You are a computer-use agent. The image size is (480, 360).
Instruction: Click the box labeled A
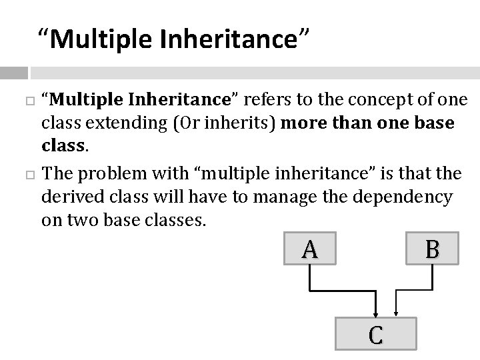[x=309, y=249]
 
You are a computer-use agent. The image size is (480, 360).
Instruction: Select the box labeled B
[x=432, y=249]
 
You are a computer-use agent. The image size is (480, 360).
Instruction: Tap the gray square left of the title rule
[x=14, y=73]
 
